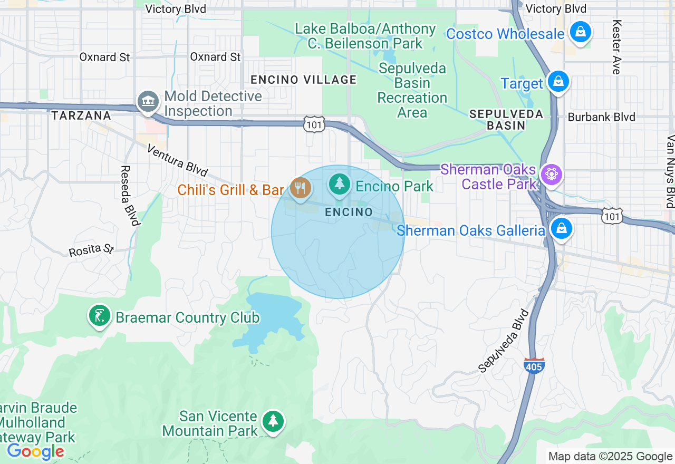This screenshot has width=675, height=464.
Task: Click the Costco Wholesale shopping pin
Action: (580, 32)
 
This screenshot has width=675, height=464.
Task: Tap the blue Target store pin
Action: (557, 82)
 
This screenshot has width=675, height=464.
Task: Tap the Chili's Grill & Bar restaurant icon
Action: (300, 188)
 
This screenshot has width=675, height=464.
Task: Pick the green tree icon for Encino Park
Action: (340, 184)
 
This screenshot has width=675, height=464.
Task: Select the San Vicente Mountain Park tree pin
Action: (273, 421)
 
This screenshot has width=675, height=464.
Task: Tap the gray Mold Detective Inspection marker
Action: (148, 101)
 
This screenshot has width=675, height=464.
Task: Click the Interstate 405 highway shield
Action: (534, 365)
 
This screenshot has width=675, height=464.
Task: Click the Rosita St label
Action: (91, 249)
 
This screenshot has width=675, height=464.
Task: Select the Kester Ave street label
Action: (616, 47)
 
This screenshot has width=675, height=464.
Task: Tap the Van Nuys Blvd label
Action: (670, 172)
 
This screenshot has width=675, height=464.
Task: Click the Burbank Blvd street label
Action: (601, 117)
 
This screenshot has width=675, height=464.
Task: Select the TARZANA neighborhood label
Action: (81, 115)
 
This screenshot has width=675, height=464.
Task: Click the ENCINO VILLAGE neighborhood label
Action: (303, 80)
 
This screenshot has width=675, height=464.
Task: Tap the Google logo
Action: (35, 452)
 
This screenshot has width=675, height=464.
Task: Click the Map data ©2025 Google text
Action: (610, 457)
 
